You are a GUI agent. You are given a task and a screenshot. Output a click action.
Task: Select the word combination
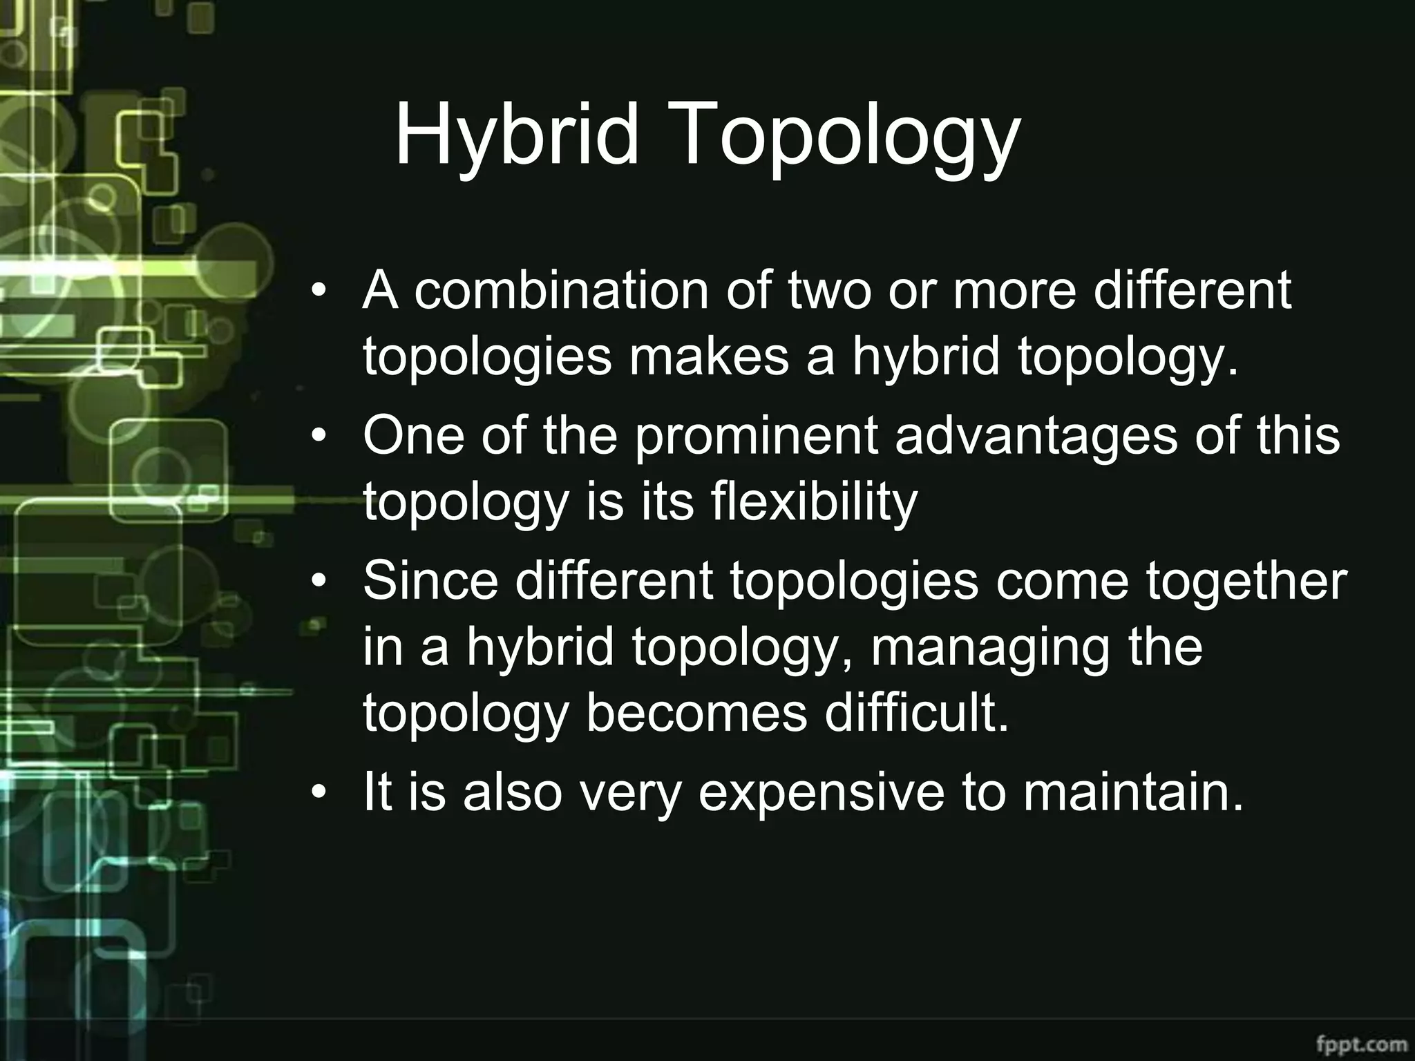click(561, 291)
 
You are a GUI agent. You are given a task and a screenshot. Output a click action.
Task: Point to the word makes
click(708, 358)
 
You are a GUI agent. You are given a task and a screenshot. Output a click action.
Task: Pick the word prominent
click(756, 437)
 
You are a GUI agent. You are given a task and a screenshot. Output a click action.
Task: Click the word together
click(1246, 582)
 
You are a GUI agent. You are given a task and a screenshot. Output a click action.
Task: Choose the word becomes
click(696, 714)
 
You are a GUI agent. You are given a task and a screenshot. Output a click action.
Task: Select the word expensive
click(821, 793)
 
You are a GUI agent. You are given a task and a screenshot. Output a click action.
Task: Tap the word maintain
click(1133, 793)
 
